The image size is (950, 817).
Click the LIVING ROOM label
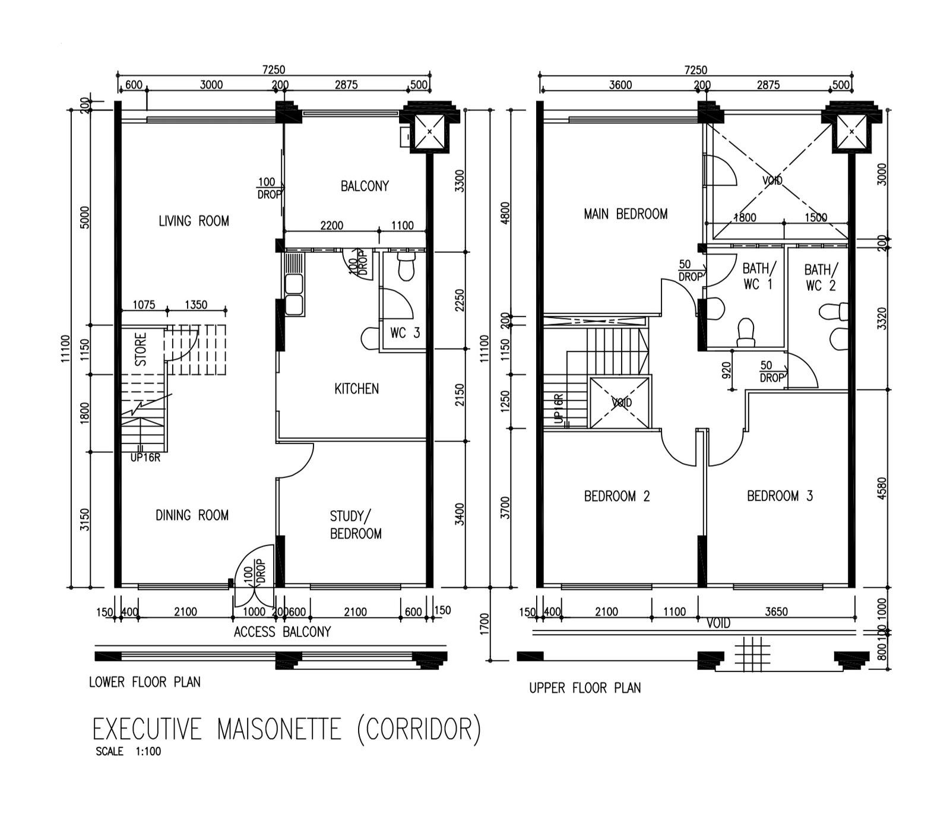tap(194, 221)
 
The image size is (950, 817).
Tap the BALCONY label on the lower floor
tap(365, 186)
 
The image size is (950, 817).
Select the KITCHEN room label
tap(356, 389)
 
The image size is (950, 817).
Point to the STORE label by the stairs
tap(141, 349)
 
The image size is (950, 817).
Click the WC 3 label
tap(405, 333)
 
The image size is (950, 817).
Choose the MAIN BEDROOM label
tap(625, 214)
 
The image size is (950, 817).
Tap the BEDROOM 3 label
tap(780, 496)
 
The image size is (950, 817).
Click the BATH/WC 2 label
tap(821, 277)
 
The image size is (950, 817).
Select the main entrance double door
tap(255, 571)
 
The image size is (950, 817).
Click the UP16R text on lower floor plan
tap(145, 458)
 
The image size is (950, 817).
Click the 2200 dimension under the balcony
tap(331, 226)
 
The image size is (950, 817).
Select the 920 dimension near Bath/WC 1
tap(726, 370)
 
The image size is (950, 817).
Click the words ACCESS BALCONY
tap(282, 632)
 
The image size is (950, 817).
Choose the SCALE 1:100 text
tap(128, 751)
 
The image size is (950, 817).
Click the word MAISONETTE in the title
tap(279, 729)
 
